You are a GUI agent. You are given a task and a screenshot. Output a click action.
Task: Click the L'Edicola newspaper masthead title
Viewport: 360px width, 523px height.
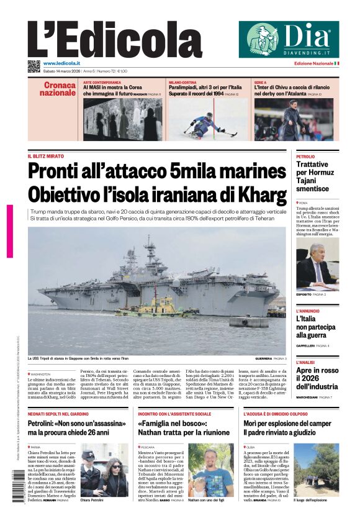[x=106, y=39]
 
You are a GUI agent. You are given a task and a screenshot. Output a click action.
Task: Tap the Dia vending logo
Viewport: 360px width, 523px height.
[x=289, y=39]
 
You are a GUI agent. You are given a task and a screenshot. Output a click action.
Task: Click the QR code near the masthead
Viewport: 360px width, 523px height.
[x=34, y=66]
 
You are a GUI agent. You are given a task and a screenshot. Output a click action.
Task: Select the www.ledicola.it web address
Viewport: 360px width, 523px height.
[x=61, y=63]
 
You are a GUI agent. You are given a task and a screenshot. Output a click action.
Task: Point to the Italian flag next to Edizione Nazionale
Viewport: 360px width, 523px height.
[x=336, y=63]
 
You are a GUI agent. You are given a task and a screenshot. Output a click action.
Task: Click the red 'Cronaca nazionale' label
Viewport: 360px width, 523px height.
[x=58, y=89]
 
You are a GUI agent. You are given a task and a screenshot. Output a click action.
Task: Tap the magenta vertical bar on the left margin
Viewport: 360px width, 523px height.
[x=10, y=231]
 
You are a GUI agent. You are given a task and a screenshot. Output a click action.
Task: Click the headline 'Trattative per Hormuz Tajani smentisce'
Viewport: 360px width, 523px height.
[x=312, y=176]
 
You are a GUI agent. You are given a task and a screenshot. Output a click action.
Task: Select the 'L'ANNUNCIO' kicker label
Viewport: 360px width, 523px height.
[x=308, y=311]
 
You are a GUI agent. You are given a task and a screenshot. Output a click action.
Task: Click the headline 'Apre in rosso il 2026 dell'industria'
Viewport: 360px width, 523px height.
[x=317, y=378]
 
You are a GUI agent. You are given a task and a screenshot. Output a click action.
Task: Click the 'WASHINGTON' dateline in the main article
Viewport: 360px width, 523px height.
[x=42, y=375]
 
